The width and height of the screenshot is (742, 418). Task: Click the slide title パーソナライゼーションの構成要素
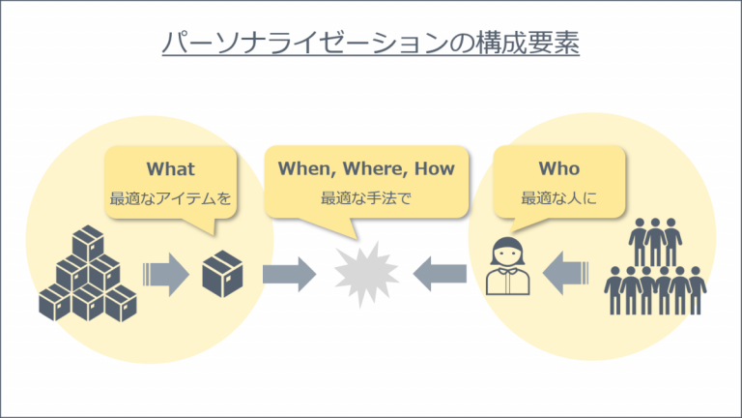point(371,44)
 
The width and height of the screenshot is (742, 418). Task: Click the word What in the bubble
point(170,168)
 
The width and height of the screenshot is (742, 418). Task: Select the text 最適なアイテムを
point(170,198)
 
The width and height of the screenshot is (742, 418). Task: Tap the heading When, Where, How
point(366,168)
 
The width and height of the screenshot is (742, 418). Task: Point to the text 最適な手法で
point(366,198)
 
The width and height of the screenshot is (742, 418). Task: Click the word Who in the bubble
point(558,168)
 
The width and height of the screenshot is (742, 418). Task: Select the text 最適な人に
point(558,198)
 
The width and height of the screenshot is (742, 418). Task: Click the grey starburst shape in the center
point(366,275)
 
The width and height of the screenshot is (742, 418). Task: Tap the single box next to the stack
point(222,274)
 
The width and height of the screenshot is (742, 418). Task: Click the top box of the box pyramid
point(88,243)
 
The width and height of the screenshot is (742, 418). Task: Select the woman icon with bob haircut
point(508,265)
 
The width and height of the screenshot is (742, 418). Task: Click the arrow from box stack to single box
point(165,275)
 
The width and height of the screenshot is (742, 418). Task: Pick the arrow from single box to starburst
point(289,275)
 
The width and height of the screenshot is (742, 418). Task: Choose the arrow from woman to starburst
point(440,275)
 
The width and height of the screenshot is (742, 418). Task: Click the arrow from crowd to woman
point(565,274)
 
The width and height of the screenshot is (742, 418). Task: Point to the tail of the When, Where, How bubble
point(341,226)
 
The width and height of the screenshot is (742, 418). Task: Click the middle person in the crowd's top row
point(655,242)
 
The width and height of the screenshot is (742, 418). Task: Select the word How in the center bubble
point(435,168)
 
